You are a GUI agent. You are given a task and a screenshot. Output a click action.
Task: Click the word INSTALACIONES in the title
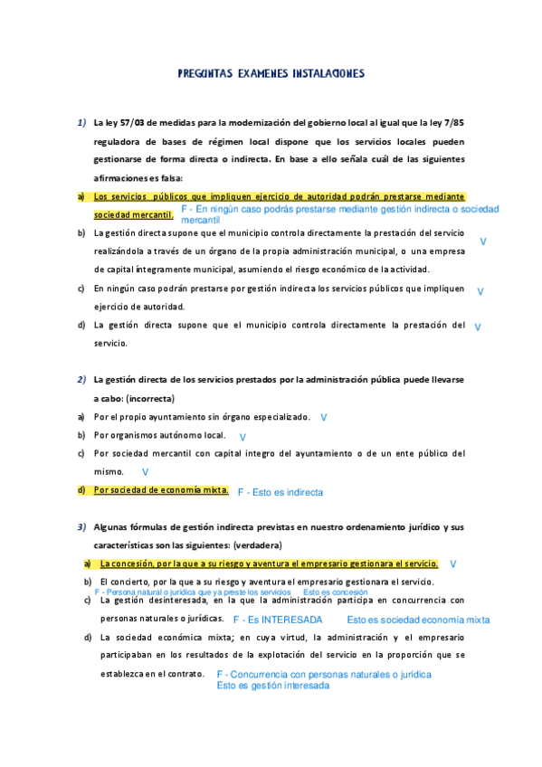click(323, 74)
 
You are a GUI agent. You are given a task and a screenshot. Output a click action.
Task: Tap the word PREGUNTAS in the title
click(206, 74)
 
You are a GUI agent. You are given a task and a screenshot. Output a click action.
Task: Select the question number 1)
click(81, 123)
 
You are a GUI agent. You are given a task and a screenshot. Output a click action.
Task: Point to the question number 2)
click(81, 380)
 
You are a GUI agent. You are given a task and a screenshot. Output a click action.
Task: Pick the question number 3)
click(81, 526)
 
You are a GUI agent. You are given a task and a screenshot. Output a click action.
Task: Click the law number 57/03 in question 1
click(132, 123)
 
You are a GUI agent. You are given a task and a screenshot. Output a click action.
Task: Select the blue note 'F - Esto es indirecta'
click(280, 493)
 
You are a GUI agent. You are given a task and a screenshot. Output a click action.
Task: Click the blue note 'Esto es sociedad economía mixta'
click(418, 620)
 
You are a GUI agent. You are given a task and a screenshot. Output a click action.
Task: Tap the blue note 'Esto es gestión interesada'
click(273, 687)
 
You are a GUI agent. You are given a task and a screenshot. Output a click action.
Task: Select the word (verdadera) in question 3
click(258, 545)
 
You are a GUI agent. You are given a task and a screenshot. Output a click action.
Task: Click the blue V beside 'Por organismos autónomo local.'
click(242, 437)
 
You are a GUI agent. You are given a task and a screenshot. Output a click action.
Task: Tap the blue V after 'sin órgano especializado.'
click(323, 418)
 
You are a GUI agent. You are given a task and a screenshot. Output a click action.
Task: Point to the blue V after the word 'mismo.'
click(145, 472)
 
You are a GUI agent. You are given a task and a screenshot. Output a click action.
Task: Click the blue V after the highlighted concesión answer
click(452, 563)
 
